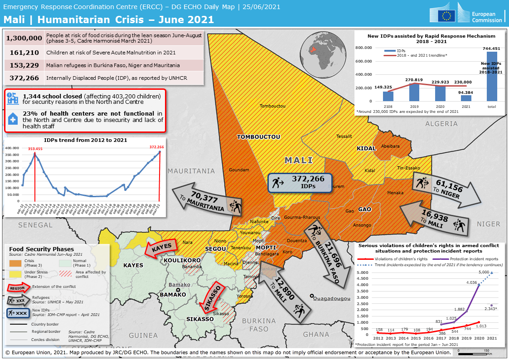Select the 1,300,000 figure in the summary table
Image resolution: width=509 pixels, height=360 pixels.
click(24, 39)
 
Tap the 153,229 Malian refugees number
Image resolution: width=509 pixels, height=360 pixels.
click(24, 65)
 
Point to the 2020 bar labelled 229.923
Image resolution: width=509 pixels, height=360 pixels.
click(440, 93)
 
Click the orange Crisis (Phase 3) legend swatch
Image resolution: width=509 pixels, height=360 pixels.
click(16, 263)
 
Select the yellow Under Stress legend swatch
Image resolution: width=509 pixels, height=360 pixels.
click(16, 273)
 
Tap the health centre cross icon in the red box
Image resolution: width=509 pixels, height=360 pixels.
click(13, 119)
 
